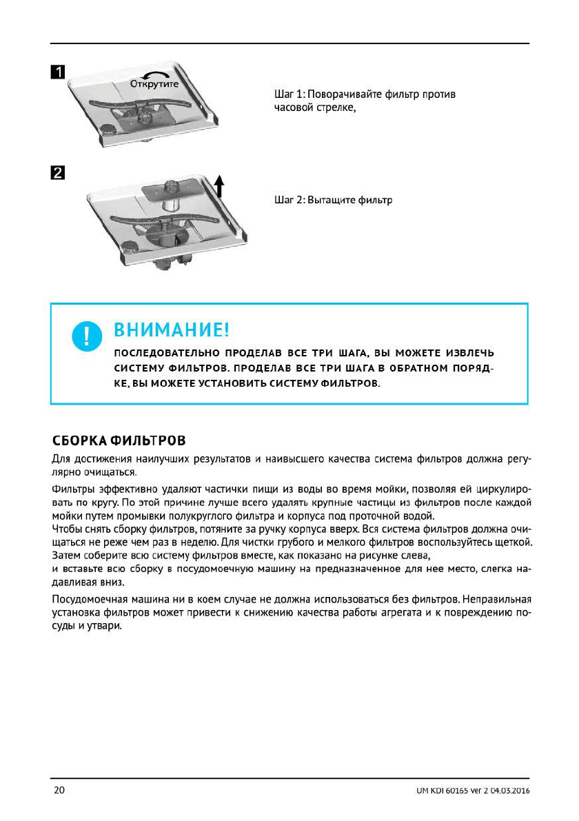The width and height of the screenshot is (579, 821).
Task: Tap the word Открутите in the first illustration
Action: click(155, 83)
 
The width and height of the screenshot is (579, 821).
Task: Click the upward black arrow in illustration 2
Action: click(219, 185)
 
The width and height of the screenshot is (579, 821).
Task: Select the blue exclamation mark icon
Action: click(86, 335)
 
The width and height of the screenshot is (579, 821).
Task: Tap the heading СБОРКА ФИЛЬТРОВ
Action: click(119, 440)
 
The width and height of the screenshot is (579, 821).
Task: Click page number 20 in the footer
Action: click(59, 789)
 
